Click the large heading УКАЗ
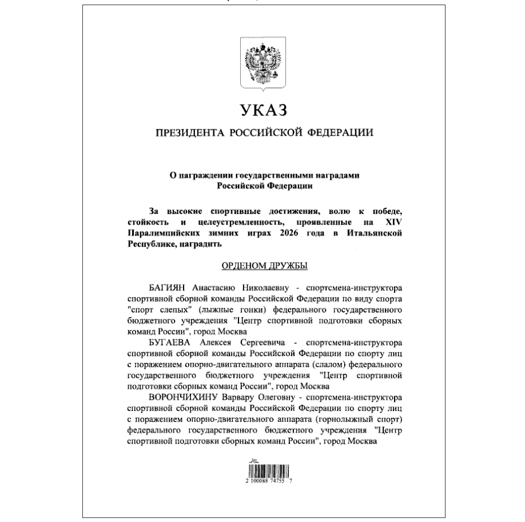(262, 110)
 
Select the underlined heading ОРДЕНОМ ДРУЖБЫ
(262, 266)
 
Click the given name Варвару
(232, 398)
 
